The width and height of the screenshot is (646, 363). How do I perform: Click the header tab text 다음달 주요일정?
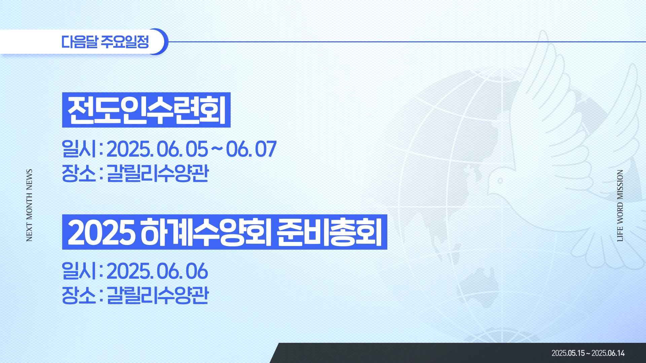coord(105,42)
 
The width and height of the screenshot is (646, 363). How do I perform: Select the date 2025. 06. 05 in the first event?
coord(157,149)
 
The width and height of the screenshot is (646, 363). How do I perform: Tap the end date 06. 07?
coord(251,149)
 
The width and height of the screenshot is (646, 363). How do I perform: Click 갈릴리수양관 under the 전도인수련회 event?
coord(158,173)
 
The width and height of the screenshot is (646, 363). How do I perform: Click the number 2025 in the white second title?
coord(101,232)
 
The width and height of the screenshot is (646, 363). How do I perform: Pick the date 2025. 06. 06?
coord(157,271)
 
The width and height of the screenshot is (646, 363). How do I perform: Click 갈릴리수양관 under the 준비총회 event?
coord(158,295)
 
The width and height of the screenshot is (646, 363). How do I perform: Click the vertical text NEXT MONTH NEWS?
coord(29,205)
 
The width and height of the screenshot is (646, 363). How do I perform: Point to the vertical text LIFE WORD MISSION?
coord(620,206)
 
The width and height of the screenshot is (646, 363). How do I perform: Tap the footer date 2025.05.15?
coord(568,353)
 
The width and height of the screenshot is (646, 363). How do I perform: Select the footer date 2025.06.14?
coord(608,353)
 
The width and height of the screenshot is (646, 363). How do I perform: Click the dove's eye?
coord(500,181)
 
